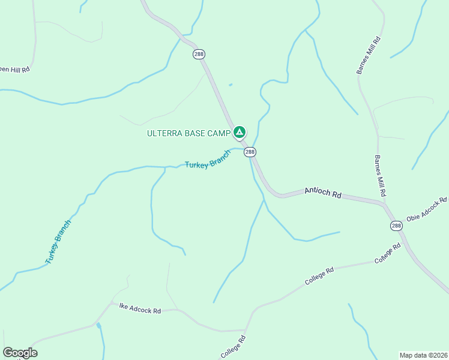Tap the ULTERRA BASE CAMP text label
pyautogui.click(x=189, y=133)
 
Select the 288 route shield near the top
pyautogui.click(x=199, y=55)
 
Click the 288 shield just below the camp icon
pyautogui.click(x=250, y=152)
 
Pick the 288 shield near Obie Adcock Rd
pyautogui.click(x=396, y=226)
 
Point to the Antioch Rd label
pyautogui.click(x=322, y=192)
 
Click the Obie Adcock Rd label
pyautogui.click(x=427, y=209)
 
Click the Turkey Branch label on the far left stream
pyautogui.click(x=58, y=242)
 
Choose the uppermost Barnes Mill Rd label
pyautogui.click(x=369, y=55)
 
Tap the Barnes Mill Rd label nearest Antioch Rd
pyautogui.click(x=379, y=176)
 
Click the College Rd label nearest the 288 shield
pyautogui.click(x=387, y=254)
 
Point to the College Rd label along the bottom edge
pyautogui.click(x=233, y=347)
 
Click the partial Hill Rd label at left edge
pyautogui.click(x=14, y=70)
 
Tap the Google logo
pyautogui.click(x=20, y=353)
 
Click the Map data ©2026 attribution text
pyautogui.click(x=423, y=355)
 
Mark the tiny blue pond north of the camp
pyautogui.click(x=231, y=85)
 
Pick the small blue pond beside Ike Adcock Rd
pyautogui.click(x=99, y=326)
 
